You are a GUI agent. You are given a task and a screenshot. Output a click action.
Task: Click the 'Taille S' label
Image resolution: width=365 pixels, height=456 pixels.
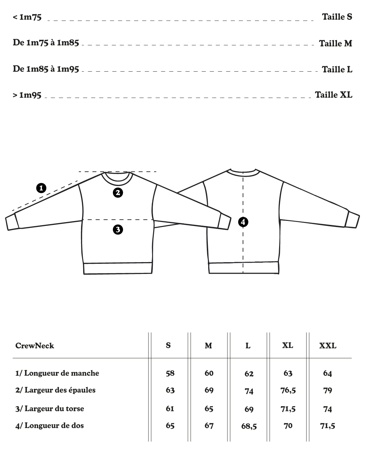(x=337, y=17)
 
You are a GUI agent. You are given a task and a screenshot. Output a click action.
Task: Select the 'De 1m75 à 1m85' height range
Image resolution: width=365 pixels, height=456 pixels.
(x=46, y=43)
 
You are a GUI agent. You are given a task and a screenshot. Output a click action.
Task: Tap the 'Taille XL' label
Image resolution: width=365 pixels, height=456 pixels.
(x=334, y=95)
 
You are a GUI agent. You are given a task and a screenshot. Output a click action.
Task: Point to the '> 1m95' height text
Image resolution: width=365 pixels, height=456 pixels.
(x=27, y=95)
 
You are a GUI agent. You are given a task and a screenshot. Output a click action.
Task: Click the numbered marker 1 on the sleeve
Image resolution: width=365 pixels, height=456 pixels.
(x=41, y=188)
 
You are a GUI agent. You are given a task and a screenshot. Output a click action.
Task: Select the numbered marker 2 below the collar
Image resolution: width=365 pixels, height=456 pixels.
(x=118, y=193)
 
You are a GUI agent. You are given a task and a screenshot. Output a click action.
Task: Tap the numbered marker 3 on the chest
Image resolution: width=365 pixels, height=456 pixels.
(x=118, y=230)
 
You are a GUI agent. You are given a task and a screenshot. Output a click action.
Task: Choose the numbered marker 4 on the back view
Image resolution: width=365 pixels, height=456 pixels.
(x=243, y=222)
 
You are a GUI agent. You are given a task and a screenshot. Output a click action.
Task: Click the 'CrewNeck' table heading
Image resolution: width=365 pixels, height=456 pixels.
(x=35, y=346)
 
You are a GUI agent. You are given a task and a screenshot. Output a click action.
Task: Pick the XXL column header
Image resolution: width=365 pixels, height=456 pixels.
(x=327, y=346)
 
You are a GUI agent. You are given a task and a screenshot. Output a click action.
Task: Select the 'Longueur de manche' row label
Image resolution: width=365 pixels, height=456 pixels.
(x=57, y=373)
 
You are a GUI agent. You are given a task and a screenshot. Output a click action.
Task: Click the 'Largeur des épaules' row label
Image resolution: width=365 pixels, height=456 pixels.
(x=55, y=390)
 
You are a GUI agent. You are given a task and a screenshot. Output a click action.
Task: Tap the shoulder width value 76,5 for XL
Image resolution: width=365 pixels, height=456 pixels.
(x=288, y=390)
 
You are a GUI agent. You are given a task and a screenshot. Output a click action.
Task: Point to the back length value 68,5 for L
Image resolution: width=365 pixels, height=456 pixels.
(x=249, y=426)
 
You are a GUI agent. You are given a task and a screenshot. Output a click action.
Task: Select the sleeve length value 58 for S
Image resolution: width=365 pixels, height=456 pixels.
(x=170, y=373)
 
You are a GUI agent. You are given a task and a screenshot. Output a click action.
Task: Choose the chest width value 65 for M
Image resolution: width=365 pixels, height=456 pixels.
(x=209, y=409)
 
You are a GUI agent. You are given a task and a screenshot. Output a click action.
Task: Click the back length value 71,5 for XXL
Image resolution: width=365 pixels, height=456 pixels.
(x=327, y=426)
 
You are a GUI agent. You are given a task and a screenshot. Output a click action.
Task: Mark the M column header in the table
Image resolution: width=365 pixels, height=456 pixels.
(x=209, y=346)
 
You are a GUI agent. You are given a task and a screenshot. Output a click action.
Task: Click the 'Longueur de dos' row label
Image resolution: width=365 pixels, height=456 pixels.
(x=50, y=426)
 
